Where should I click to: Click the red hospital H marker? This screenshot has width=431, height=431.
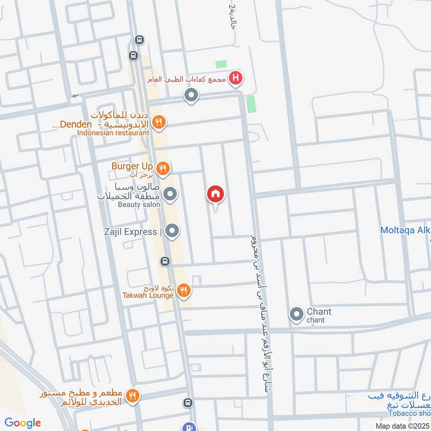[235, 79]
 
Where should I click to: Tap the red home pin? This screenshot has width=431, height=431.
[215, 194]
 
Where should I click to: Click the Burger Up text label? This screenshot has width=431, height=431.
[133, 166]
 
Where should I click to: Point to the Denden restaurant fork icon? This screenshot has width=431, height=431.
[158, 122]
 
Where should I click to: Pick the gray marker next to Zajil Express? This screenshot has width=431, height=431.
[172, 232]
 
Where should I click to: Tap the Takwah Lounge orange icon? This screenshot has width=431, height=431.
[184, 291]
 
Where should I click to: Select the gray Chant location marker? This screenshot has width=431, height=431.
[296, 315]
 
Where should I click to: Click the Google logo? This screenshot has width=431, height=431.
[23, 423]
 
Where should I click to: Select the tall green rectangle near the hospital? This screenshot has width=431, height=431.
[251, 104]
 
